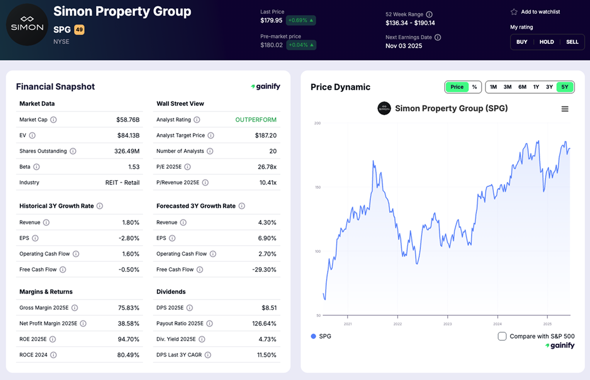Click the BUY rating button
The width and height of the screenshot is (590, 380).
point(522,42)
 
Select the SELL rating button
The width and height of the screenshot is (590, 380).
point(572,42)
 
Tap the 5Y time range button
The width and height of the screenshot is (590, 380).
point(565,87)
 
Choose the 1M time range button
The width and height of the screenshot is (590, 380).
point(493,87)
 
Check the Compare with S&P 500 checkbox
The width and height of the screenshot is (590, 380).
point(502,336)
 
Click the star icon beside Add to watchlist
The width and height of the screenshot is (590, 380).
point(514,12)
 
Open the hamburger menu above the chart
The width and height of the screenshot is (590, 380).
point(565,109)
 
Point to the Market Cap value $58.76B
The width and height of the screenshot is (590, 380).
point(128,120)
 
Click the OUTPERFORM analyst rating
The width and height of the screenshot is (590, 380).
point(256,120)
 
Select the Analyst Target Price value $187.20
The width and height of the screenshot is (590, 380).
point(266,135)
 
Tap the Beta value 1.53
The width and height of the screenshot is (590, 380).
point(134,167)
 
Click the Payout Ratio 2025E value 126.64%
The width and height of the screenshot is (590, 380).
point(264,324)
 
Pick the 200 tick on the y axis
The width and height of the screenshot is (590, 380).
point(317,123)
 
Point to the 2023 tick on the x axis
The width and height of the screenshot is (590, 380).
point(447,324)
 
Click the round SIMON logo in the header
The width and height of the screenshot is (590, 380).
point(27,25)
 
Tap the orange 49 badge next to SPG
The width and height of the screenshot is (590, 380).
point(79,30)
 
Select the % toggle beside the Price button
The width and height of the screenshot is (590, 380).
point(475,87)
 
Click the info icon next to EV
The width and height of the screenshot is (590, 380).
point(32,135)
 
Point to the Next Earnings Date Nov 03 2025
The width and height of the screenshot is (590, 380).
point(403,46)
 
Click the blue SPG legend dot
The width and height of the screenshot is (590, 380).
point(313,336)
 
